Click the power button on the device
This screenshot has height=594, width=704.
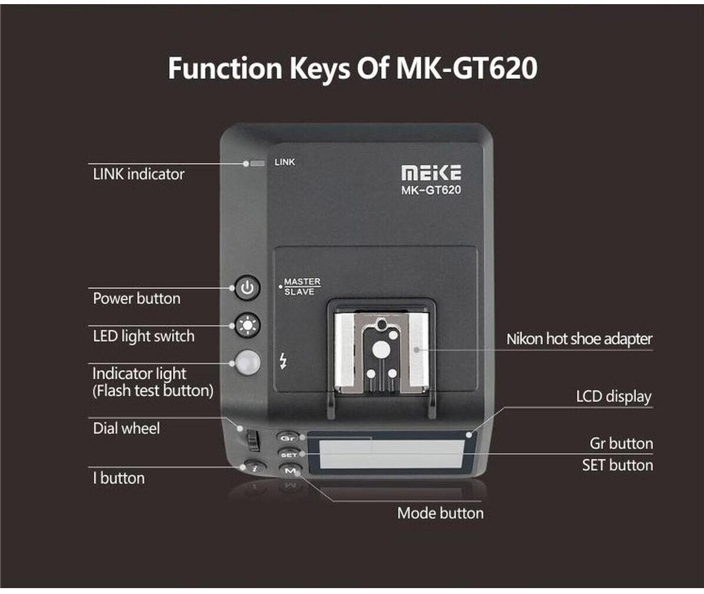click(247, 288)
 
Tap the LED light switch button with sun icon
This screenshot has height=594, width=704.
click(247, 325)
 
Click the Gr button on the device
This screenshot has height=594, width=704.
click(287, 438)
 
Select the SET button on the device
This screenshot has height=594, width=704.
click(288, 454)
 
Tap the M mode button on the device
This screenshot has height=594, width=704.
click(290, 471)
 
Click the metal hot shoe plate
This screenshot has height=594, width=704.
click(381, 353)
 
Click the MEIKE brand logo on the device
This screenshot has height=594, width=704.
click(431, 172)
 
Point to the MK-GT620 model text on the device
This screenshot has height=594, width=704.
click(431, 190)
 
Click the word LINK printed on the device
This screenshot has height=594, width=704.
click(285, 162)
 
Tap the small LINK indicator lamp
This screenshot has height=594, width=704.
click(257, 163)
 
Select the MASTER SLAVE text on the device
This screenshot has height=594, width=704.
click(301, 287)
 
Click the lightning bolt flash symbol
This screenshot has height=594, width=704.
click(284, 360)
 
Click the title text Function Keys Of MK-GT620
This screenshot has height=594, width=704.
click(352, 68)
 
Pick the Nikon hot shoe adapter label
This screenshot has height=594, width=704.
click(579, 339)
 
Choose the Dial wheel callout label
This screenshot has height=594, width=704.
click(126, 428)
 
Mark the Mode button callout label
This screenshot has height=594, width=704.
click(440, 513)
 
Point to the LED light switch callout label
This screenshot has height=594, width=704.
click(144, 336)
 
